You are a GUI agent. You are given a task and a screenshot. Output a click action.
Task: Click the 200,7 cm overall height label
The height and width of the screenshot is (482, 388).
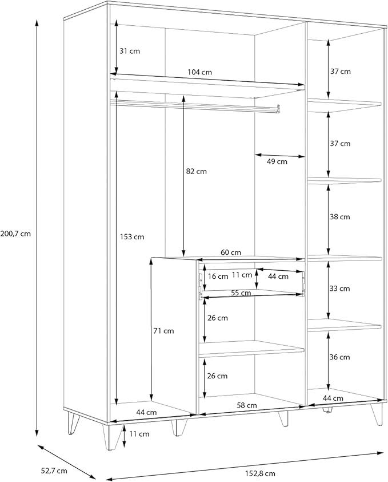15,234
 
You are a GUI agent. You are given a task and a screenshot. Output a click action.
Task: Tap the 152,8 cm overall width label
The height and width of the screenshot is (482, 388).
260,473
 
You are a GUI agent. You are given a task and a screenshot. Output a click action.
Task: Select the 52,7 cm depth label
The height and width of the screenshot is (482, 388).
54,471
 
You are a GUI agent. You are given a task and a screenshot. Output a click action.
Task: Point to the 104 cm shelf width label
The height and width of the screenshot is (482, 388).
200,72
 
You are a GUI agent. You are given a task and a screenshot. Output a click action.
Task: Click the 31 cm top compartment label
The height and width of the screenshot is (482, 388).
130,51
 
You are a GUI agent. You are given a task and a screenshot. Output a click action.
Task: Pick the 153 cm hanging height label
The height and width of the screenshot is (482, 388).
132,237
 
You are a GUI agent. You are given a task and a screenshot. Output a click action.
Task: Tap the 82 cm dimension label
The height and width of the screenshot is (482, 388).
197,172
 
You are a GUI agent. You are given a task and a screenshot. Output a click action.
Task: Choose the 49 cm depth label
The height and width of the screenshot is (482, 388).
277,161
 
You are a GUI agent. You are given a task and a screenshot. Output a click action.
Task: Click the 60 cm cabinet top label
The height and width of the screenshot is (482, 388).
231,252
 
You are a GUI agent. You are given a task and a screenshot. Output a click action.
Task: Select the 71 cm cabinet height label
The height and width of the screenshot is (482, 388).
163,331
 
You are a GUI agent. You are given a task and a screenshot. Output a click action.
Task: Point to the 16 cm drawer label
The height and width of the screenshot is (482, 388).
218,276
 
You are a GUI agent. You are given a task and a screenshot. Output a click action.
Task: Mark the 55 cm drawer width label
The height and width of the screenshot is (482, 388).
241,293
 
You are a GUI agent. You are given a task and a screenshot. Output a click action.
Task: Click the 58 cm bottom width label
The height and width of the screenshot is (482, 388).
247,405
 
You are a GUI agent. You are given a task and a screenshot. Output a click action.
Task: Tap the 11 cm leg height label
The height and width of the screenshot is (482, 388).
139,434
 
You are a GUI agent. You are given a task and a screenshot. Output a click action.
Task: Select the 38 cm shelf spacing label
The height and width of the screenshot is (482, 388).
340,217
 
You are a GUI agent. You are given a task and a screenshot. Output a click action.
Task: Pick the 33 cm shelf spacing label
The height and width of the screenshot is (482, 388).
339,289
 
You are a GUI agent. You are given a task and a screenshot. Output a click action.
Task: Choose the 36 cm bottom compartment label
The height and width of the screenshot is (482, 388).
339,357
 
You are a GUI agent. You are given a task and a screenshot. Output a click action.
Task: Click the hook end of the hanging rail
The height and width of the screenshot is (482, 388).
278,109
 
